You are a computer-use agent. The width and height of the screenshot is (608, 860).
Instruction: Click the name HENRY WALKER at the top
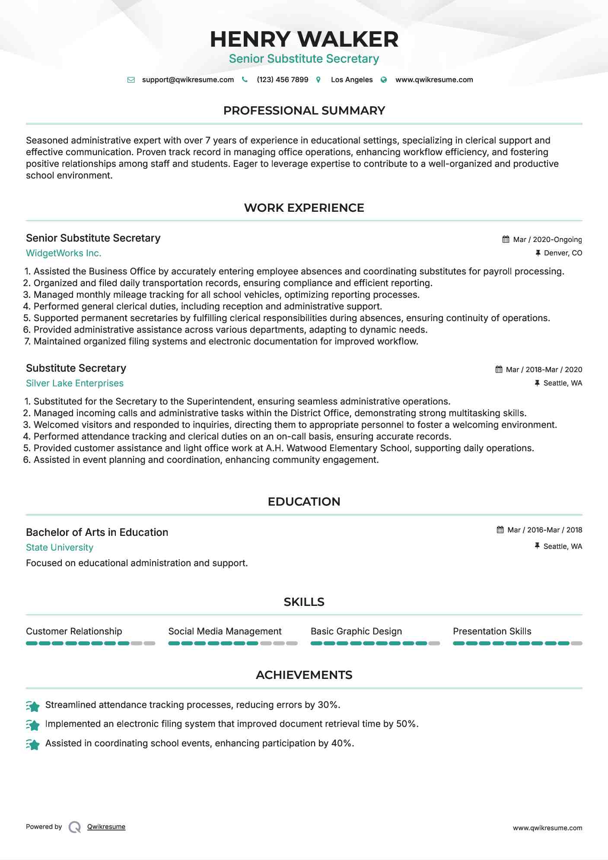304,39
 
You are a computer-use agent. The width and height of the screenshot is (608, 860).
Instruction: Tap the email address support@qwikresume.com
188,80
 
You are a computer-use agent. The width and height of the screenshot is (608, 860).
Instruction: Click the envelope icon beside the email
131,80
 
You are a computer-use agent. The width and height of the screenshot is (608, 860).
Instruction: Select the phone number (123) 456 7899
282,80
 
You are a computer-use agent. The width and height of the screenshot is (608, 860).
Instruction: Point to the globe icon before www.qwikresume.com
384,80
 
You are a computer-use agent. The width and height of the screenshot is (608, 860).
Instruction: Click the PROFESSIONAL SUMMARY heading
304,111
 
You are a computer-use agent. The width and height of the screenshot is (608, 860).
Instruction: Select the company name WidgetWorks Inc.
64,253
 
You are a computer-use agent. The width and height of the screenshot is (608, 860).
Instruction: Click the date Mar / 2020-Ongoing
547,239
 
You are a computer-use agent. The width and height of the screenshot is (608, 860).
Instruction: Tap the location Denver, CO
563,253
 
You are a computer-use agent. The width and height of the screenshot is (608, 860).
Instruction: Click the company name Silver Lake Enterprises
75,383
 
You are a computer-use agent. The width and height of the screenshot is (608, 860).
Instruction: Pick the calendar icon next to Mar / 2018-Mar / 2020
499,369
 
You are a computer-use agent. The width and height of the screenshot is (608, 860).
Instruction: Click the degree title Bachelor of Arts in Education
97,532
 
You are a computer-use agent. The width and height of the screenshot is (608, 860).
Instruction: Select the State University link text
60,548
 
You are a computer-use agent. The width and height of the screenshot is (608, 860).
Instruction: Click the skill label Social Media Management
225,631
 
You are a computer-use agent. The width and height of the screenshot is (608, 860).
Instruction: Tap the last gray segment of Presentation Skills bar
576,643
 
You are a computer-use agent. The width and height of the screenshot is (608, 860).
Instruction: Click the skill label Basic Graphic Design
356,631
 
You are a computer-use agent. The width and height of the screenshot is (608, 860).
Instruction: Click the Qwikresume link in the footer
106,827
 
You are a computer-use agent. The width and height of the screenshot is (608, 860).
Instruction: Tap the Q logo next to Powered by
75,827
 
